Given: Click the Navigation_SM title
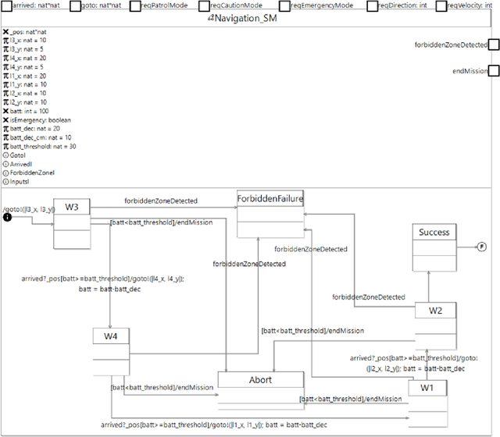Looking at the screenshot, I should pyautogui.click(x=250, y=20).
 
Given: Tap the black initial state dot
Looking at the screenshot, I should pyautogui.click(x=8, y=217).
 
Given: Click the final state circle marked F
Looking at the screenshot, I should pyautogui.click(x=481, y=247).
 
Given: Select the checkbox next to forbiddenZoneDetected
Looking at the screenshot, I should pyautogui.click(x=493, y=45).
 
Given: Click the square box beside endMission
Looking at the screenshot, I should pyautogui.click(x=493, y=71).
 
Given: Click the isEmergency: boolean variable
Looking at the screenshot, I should pyautogui.click(x=41, y=120).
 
